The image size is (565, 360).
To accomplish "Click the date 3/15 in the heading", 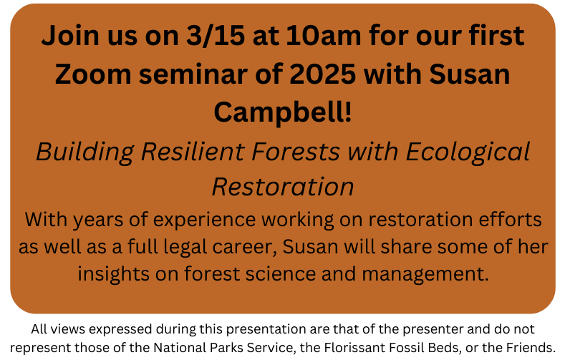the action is (216, 35).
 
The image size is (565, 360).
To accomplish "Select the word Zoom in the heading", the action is (93, 74).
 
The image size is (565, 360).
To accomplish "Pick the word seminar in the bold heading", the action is (193, 74).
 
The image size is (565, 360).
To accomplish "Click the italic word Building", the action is (85, 152).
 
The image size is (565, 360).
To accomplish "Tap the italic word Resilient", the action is (193, 151).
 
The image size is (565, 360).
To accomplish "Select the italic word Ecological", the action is (468, 152).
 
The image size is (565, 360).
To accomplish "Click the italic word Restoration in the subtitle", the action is (283, 187).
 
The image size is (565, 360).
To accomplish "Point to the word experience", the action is (204, 220).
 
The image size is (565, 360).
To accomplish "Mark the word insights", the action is (113, 274).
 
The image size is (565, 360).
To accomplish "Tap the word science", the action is (281, 273).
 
